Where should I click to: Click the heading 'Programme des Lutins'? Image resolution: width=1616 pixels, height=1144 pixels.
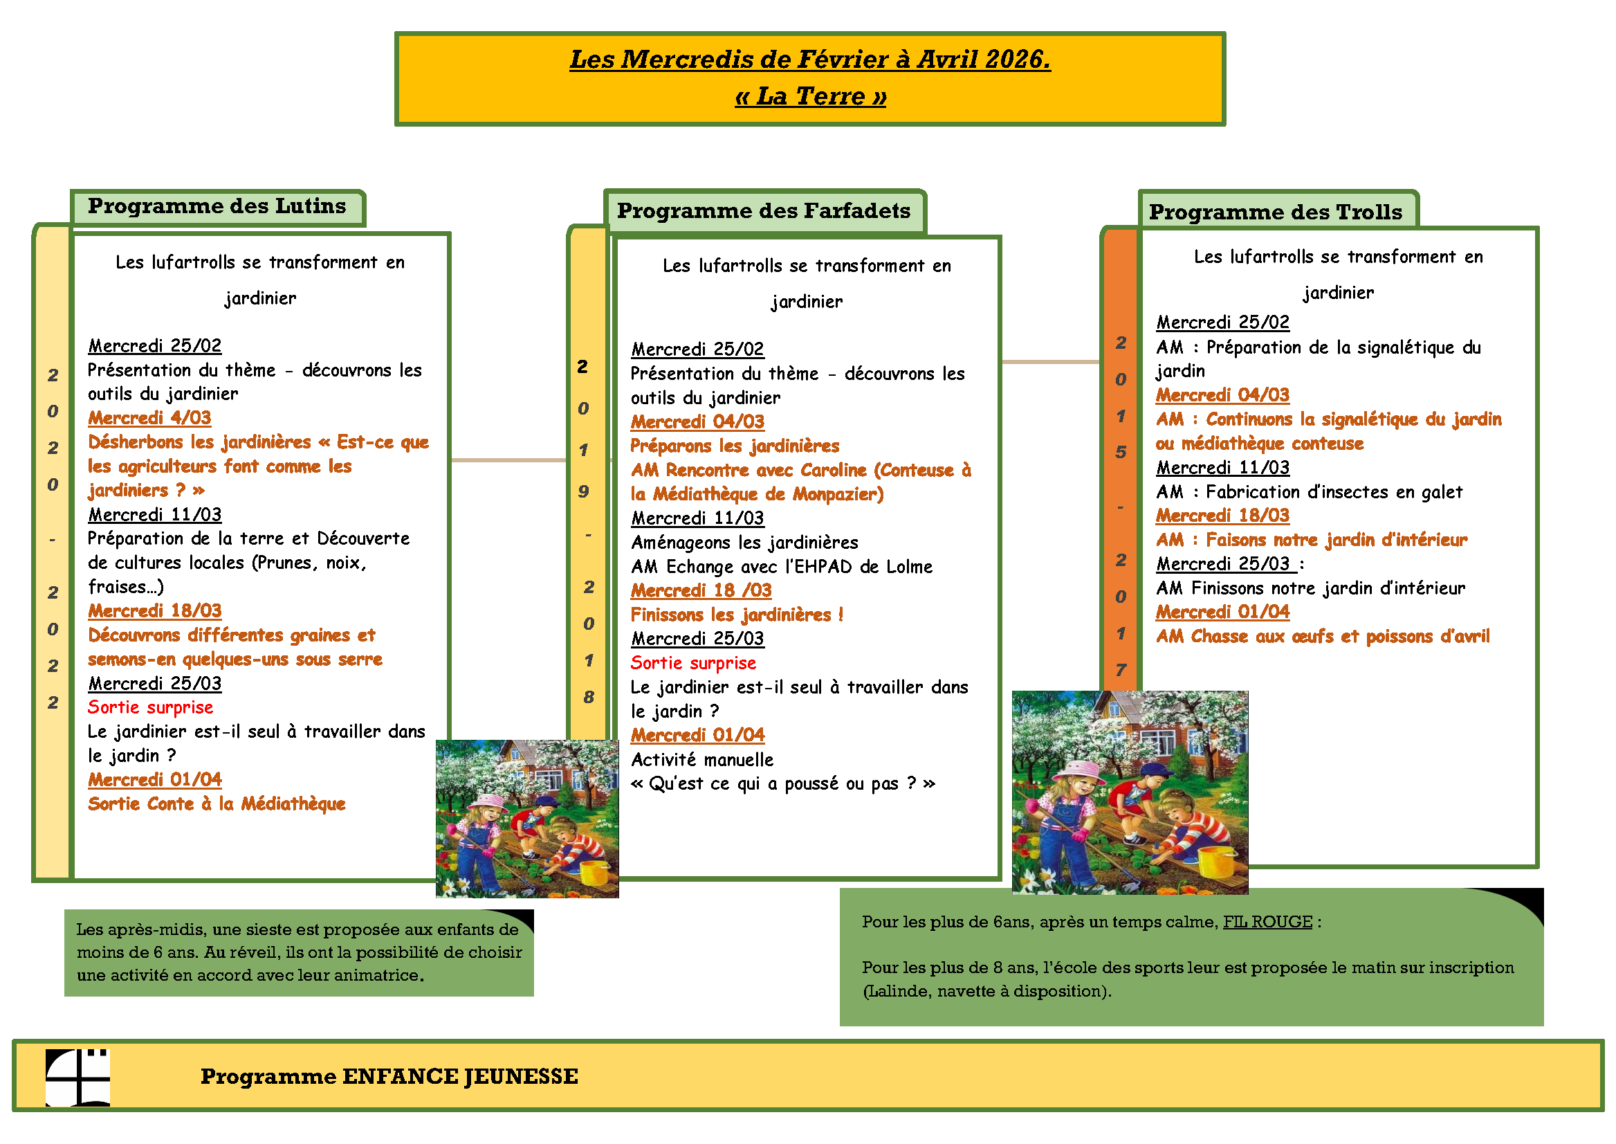[x=217, y=206]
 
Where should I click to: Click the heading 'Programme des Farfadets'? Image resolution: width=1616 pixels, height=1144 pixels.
[x=763, y=210]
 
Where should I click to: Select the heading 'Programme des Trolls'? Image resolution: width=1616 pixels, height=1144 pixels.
[x=1275, y=212]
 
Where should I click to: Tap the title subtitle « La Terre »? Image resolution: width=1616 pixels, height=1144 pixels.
[x=810, y=96]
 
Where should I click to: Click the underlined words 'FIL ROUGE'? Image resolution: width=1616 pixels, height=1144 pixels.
[x=1267, y=922]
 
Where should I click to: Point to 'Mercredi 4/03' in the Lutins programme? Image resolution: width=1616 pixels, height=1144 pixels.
[x=149, y=418]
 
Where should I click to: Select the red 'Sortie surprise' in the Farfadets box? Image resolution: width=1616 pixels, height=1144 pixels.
[x=693, y=663]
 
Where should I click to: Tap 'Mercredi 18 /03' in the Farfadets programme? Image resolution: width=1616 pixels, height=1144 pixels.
[x=701, y=590]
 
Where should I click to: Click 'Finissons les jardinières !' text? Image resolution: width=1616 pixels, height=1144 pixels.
[x=737, y=615]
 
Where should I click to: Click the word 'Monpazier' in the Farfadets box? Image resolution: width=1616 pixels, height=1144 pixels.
[x=838, y=495]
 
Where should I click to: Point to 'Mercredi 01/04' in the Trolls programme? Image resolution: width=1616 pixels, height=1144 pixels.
[x=1222, y=612]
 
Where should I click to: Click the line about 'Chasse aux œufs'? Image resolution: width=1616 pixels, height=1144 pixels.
[x=1323, y=637]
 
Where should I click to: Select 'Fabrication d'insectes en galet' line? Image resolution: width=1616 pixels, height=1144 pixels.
[x=1309, y=491]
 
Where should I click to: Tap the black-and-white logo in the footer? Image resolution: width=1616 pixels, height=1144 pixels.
[x=77, y=1077]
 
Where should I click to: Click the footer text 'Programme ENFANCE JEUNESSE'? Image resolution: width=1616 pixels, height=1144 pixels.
[x=389, y=1076]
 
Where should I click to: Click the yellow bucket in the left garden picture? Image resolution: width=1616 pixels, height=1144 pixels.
[x=594, y=872]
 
